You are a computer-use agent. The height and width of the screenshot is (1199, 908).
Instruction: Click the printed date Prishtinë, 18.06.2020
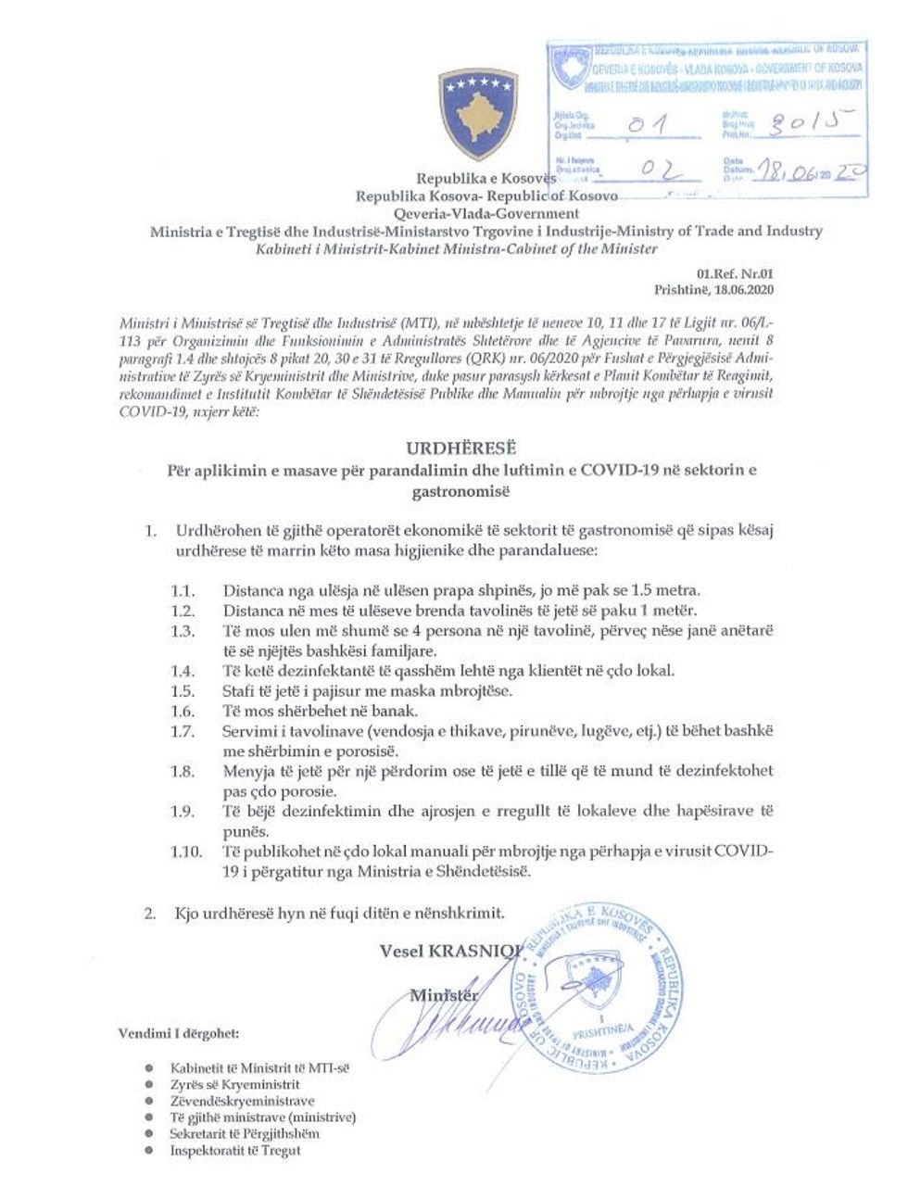726,289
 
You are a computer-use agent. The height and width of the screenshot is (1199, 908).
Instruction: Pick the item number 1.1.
183,590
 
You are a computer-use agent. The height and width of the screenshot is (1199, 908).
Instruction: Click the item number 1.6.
183,711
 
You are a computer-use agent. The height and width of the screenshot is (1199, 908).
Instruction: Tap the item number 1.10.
186,852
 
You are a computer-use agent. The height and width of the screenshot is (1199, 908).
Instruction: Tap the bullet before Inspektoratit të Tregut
149,1150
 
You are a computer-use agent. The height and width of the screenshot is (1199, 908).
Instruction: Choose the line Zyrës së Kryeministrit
234,1084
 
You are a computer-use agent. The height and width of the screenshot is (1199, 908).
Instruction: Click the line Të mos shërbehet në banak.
320,711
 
